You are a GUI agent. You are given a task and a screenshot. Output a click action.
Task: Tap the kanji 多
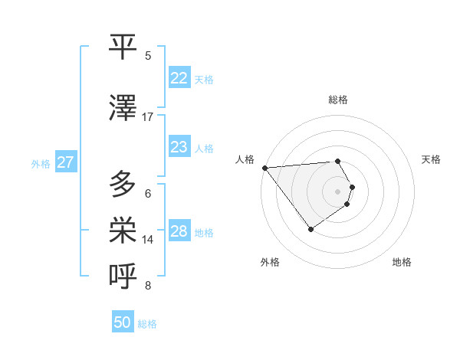[123, 185]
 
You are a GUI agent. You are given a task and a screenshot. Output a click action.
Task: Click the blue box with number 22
[179, 78]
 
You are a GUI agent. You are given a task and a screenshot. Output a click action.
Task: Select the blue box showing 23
[179, 147]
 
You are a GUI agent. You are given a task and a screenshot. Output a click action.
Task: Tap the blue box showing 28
[179, 231]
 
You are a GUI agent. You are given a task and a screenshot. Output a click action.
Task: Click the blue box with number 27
[66, 162]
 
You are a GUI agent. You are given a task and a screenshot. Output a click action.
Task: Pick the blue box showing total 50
[123, 322]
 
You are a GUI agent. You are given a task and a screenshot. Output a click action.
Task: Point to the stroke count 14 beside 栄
[148, 240]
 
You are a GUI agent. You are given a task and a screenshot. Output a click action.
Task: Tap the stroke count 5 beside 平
[148, 56]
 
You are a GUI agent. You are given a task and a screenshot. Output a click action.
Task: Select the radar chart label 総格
[337, 100]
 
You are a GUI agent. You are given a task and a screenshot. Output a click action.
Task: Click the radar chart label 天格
[431, 159]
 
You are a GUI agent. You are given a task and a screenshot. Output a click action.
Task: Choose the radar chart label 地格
[402, 262]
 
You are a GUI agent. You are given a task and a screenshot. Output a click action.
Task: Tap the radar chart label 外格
[270, 262]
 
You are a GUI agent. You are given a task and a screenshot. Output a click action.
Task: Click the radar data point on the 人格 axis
[264, 168]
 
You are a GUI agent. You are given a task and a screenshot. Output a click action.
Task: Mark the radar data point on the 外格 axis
[310, 229]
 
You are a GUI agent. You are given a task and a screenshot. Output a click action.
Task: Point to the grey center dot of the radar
[337, 191]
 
